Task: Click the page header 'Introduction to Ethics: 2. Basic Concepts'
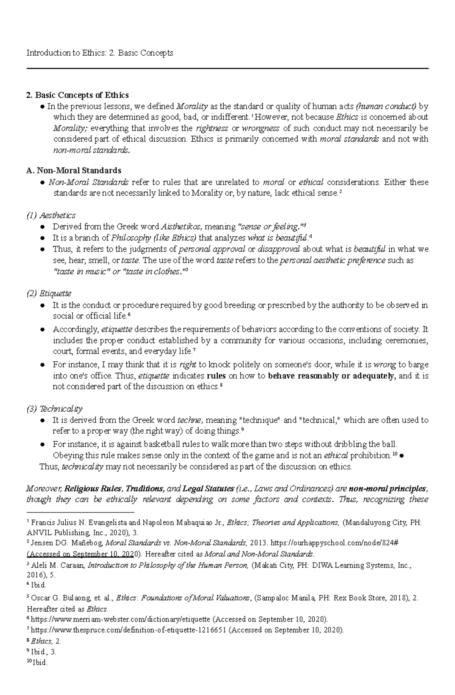click(x=100, y=53)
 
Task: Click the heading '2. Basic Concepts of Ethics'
click(x=77, y=95)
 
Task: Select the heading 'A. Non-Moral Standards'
click(x=74, y=170)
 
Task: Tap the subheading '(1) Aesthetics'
click(x=51, y=216)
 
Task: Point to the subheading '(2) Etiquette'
click(x=49, y=294)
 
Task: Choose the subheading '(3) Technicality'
click(x=55, y=409)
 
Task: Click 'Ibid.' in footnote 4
click(x=39, y=585)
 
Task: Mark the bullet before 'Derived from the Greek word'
click(x=43, y=227)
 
